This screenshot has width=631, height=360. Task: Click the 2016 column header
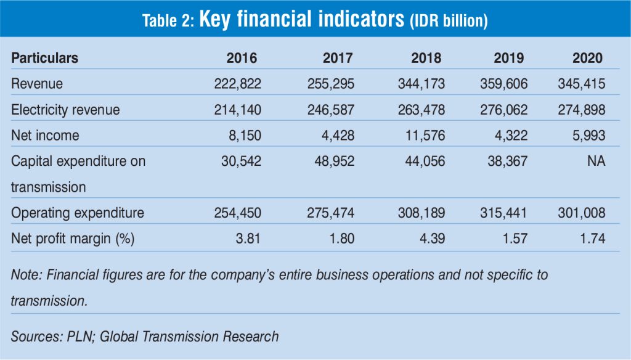(242, 58)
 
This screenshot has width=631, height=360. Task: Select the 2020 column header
(587, 58)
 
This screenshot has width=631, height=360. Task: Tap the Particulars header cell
(44, 58)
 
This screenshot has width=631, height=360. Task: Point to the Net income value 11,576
(425, 135)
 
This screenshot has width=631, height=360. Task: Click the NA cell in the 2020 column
(596, 161)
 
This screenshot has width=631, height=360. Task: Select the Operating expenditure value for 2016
(238, 213)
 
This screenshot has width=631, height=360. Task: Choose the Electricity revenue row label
(65, 110)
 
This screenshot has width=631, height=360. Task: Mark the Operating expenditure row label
(78, 213)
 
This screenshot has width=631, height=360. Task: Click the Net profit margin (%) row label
(73, 238)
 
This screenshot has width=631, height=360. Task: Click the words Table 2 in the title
(168, 20)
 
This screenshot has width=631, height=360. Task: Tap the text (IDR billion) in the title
(449, 21)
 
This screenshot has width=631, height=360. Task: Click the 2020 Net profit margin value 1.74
(592, 238)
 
